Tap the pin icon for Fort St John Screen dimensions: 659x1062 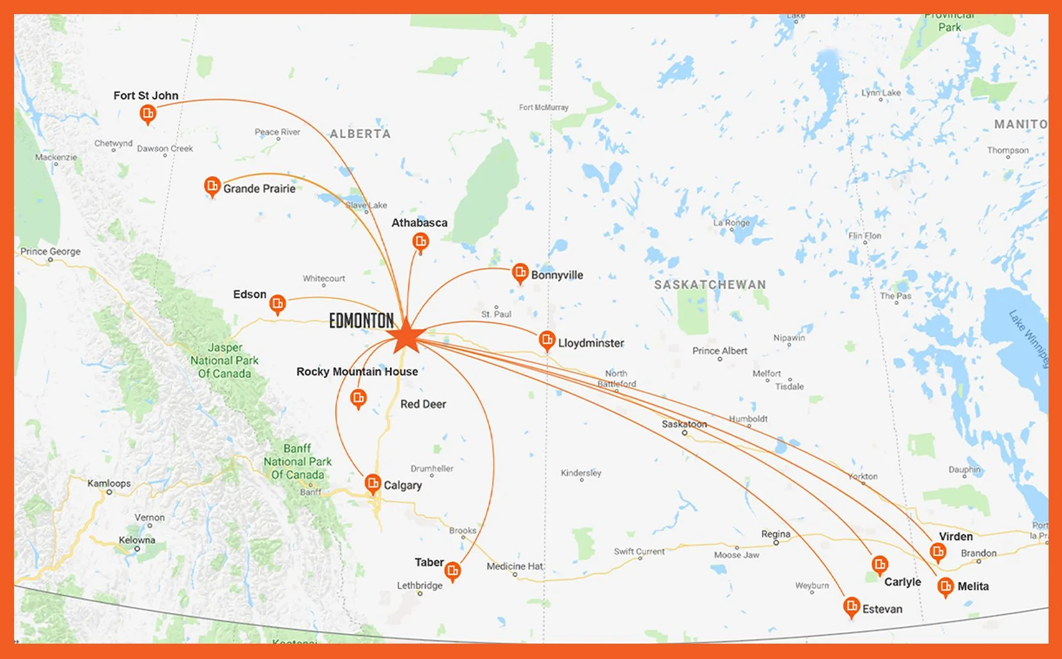[x=148, y=115]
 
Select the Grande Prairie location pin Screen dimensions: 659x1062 [x=212, y=187]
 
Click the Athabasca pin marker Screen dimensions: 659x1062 [x=420, y=242]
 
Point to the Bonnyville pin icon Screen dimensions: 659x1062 [x=520, y=273]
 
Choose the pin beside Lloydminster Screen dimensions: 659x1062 [x=547, y=340]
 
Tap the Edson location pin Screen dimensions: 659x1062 [x=277, y=304]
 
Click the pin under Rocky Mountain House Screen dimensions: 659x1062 [x=359, y=399]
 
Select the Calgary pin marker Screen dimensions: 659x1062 [x=373, y=483]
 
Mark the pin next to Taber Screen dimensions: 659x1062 [x=453, y=570]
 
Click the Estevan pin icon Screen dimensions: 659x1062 [x=851, y=606]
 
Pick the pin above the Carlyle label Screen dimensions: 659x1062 [x=880, y=564]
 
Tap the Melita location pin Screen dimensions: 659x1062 [x=945, y=585]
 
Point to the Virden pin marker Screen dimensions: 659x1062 [x=938, y=552]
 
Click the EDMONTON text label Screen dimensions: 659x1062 [x=361, y=321]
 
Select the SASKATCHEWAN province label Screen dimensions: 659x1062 [x=710, y=285]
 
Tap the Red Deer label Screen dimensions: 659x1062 [x=423, y=404]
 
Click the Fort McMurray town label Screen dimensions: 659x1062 [x=543, y=107]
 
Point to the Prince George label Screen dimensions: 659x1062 [x=51, y=251]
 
